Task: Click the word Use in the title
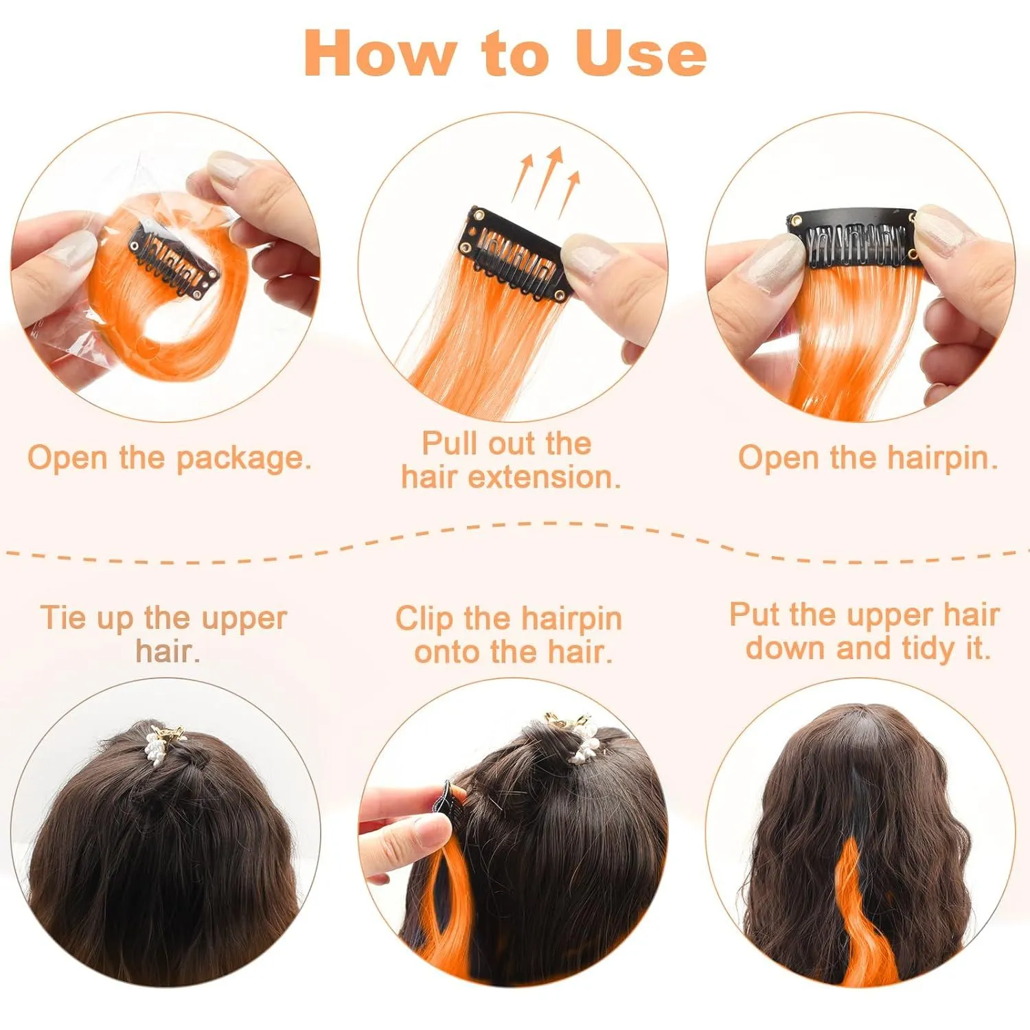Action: click(x=641, y=53)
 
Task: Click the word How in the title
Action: click(x=380, y=53)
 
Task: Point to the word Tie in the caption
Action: click(x=63, y=617)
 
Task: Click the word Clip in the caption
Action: click(x=424, y=619)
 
